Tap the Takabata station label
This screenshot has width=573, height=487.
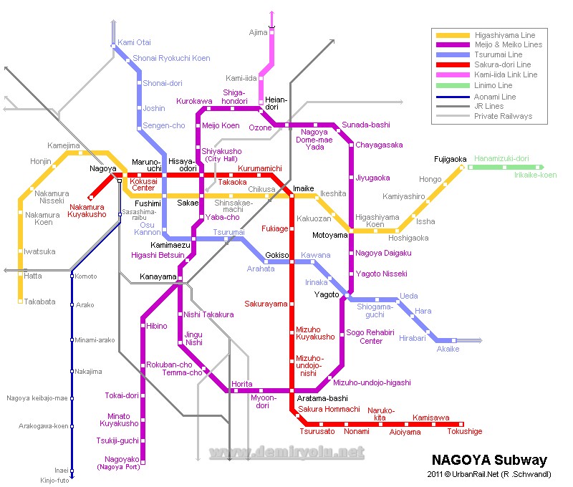(x=39, y=302)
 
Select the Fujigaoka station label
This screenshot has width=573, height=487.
(x=450, y=159)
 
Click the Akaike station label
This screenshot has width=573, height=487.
(x=448, y=349)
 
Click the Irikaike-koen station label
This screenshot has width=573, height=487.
(x=534, y=175)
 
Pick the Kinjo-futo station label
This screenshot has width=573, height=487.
(x=54, y=480)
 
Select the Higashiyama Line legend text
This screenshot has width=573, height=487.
(x=504, y=35)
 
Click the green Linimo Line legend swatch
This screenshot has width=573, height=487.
(x=453, y=85)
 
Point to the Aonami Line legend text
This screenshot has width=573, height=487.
(x=495, y=96)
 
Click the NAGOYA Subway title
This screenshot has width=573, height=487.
(x=489, y=460)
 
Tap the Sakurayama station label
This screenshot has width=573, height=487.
(x=266, y=304)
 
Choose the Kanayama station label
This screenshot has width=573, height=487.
(x=158, y=276)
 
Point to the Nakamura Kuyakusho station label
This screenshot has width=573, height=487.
(x=87, y=210)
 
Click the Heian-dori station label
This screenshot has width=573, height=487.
(x=276, y=103)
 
